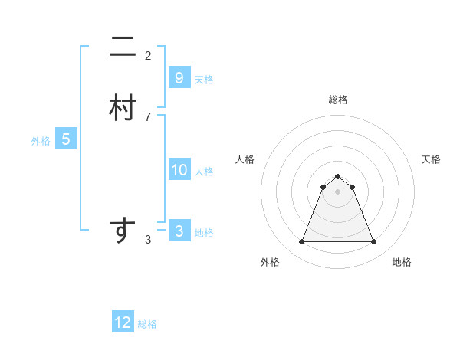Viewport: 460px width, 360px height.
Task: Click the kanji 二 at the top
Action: (123, 48)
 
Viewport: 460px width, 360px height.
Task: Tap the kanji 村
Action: (123, 109)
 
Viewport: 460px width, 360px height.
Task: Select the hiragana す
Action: (123, 231)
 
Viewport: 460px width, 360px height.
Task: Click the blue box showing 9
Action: (179, 77)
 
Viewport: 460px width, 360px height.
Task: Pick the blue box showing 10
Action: (179, 170)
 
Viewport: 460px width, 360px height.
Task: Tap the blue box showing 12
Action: (123, 322)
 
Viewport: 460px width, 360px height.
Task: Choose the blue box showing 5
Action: (66, 139)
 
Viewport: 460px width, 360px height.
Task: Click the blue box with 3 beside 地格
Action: (179, 231)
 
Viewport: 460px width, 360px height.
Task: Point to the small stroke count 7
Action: (148, 116)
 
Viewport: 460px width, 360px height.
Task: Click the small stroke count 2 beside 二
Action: (148, 56)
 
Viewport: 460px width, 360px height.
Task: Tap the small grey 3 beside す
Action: (148, 240)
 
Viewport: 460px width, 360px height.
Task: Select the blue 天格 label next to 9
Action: (204, 79)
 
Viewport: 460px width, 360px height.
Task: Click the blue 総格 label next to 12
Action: (147, 324)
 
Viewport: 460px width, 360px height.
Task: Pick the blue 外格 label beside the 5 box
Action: (41, 141)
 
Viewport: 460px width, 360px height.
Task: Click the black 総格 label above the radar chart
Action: (338, 100)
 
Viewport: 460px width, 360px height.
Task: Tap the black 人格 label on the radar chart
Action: (245, 159)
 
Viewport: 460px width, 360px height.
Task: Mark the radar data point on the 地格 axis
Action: (374, 242)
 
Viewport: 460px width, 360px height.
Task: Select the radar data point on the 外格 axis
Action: (301, 242)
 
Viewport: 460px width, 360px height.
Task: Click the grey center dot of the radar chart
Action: (338, 191)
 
